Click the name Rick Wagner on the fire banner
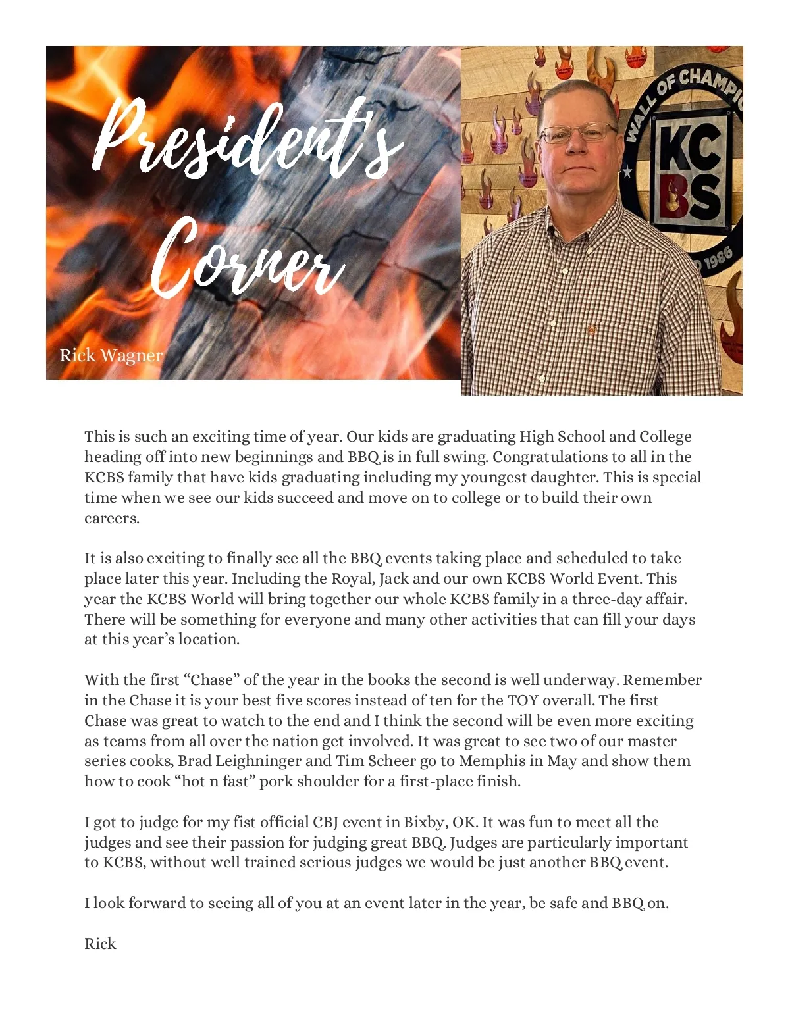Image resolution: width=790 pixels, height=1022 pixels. point(111,355)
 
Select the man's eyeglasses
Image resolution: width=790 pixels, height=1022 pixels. point(578,134)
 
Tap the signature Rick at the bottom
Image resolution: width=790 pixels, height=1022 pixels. point(100,944)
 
